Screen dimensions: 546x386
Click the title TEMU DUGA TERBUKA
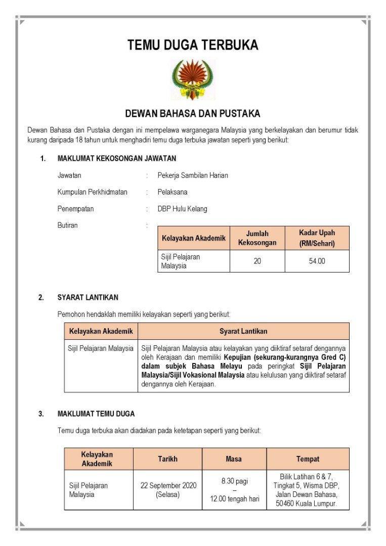pos(193,45)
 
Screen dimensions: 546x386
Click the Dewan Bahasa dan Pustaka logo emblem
pos(193,80)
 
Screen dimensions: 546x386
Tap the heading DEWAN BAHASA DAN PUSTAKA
pos(193,113)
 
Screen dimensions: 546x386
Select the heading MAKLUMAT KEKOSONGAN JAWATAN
pos(117,158)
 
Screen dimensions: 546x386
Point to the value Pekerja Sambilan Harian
pos(193,175)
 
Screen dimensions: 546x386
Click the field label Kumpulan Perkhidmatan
pos(93,192)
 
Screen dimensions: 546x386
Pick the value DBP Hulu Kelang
pos(182,209)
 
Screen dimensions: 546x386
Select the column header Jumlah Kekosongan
pos(257,238)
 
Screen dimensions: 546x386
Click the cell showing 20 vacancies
pos(257,261)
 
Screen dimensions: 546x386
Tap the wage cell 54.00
pos(317,261)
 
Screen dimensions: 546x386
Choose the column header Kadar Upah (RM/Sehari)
pos(317,238)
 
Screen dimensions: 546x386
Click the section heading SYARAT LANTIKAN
pos(88,297)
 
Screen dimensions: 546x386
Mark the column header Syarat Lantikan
pos(243,331)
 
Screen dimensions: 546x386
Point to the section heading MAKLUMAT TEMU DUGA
pos(96,414)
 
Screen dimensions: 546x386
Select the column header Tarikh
pos(167,459)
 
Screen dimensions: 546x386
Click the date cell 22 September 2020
pos(168,485)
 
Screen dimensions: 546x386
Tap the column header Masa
pos(234,459)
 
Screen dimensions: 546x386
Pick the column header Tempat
pos(308,459)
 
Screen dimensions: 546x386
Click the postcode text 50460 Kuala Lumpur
pos(308,504)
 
